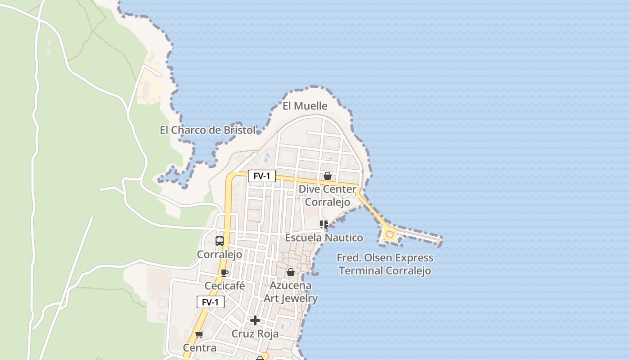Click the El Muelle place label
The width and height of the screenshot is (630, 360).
305,106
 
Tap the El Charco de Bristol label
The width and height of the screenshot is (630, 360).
207,130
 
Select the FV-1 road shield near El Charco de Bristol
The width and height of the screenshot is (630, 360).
261,176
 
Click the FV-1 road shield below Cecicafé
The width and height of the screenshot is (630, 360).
210,302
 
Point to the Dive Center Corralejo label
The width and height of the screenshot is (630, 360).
328,196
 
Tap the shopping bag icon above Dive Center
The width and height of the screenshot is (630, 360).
327,176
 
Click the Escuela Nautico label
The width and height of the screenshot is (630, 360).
324,237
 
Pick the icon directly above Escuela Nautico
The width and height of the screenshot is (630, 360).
324,224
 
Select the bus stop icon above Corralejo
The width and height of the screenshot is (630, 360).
220,241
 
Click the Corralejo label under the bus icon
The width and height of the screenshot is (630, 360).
220,254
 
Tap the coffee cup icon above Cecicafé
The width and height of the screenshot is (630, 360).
225,273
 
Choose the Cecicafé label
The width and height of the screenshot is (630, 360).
225,286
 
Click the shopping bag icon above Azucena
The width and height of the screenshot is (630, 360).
291,272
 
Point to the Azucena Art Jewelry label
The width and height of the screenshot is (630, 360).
291,292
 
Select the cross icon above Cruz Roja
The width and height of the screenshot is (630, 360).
255,320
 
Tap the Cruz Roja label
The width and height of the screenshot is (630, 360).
255,334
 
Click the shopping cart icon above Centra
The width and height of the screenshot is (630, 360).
199,334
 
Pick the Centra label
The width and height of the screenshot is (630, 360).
199,348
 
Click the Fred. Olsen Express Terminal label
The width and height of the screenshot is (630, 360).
385,264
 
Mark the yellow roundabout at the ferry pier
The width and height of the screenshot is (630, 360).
390,234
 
